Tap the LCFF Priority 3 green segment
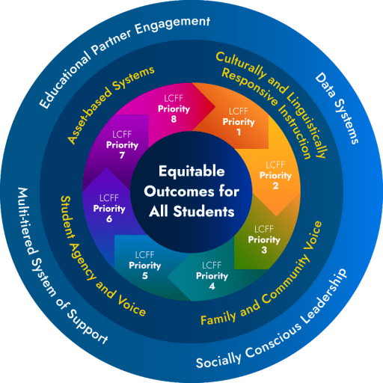point(264,233)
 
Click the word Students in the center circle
point(204,211)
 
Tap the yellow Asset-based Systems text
point(111,104)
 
